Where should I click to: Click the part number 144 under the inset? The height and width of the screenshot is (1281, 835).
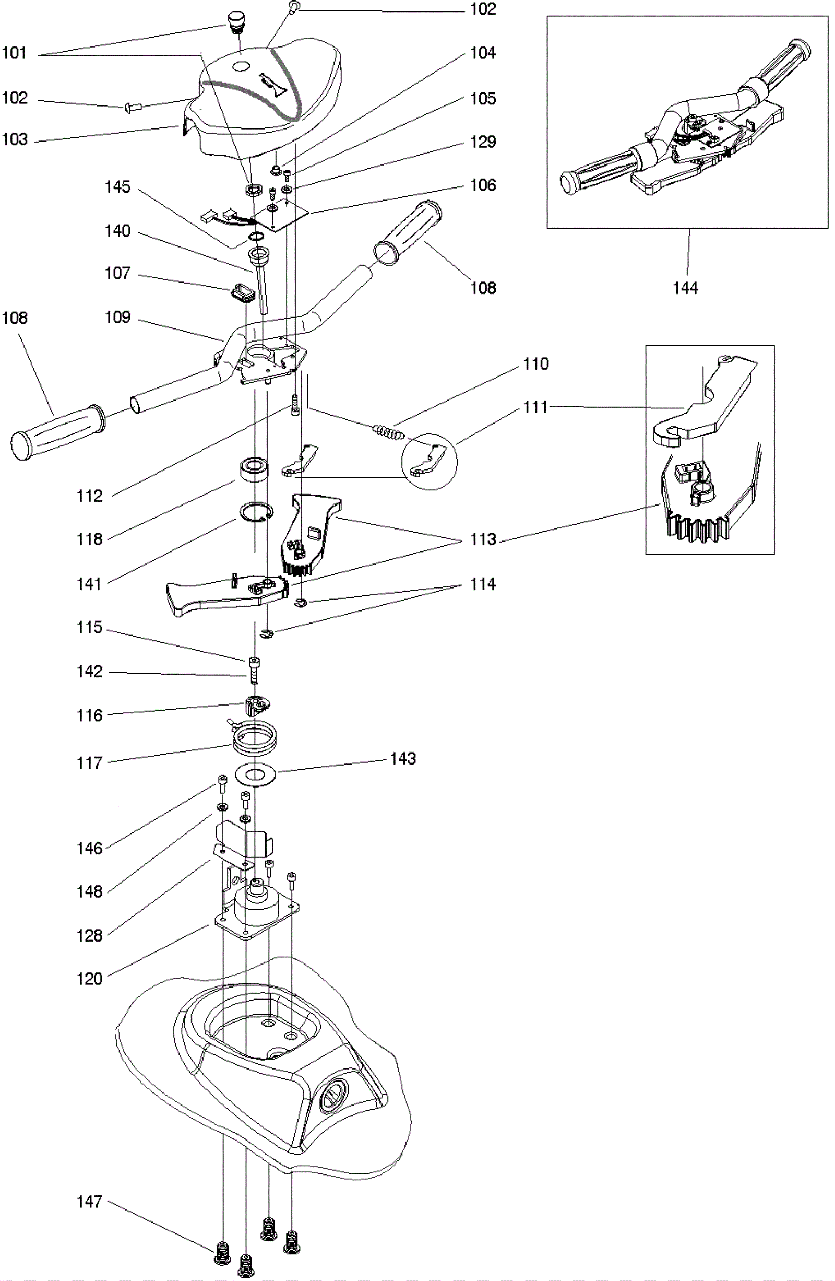click(685, 288)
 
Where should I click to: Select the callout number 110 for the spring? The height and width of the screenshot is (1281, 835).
click(535, 364)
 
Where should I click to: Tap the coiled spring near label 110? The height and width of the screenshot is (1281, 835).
click(388, 432)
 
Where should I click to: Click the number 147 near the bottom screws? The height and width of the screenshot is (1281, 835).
click(89, 1201)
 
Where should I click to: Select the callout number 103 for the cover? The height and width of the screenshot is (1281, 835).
click(15, 139)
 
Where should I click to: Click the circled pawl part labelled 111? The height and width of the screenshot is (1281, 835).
click(429, 461)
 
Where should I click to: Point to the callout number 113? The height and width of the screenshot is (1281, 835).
click(483, 539)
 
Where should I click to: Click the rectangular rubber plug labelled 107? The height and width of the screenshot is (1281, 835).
click(241, 294)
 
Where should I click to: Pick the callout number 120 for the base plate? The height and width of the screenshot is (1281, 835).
click(89, 979)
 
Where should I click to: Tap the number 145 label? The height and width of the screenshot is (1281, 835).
click(117, 187)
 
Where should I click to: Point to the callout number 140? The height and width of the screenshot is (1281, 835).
click(117, 231)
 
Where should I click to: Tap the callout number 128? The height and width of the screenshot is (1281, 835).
click(89, 935)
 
